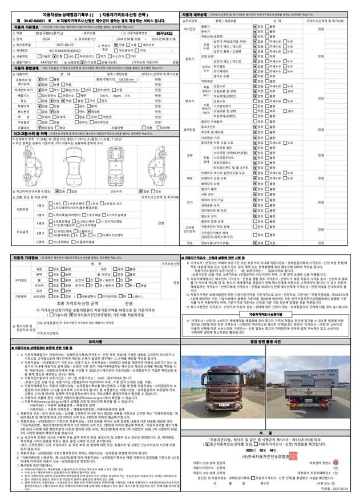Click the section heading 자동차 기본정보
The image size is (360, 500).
point(25,27)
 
